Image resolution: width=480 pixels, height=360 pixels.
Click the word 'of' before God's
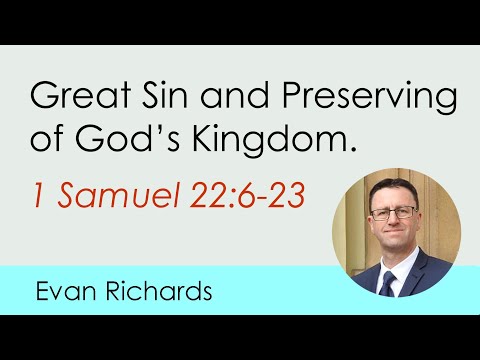tap(48, 142)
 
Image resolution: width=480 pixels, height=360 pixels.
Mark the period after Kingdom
tap(353, 153)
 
